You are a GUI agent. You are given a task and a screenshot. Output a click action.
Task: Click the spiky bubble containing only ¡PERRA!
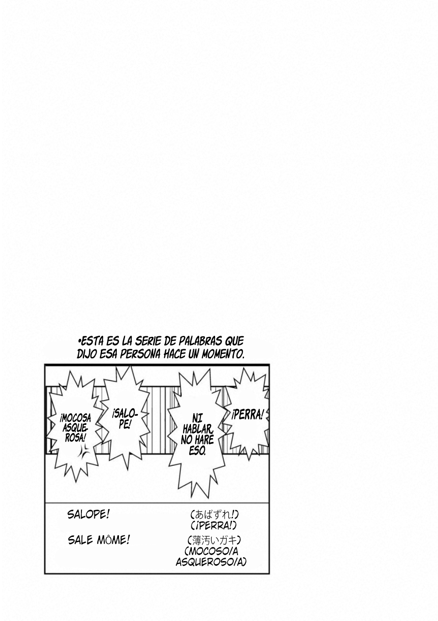pyautogui.click(x=247, y=415)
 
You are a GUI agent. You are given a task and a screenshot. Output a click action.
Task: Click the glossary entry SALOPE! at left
pyautogui.click(x=88, y=515)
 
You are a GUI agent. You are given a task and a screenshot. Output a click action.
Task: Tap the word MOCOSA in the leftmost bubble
pyautogui.click(x=75, y=419)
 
